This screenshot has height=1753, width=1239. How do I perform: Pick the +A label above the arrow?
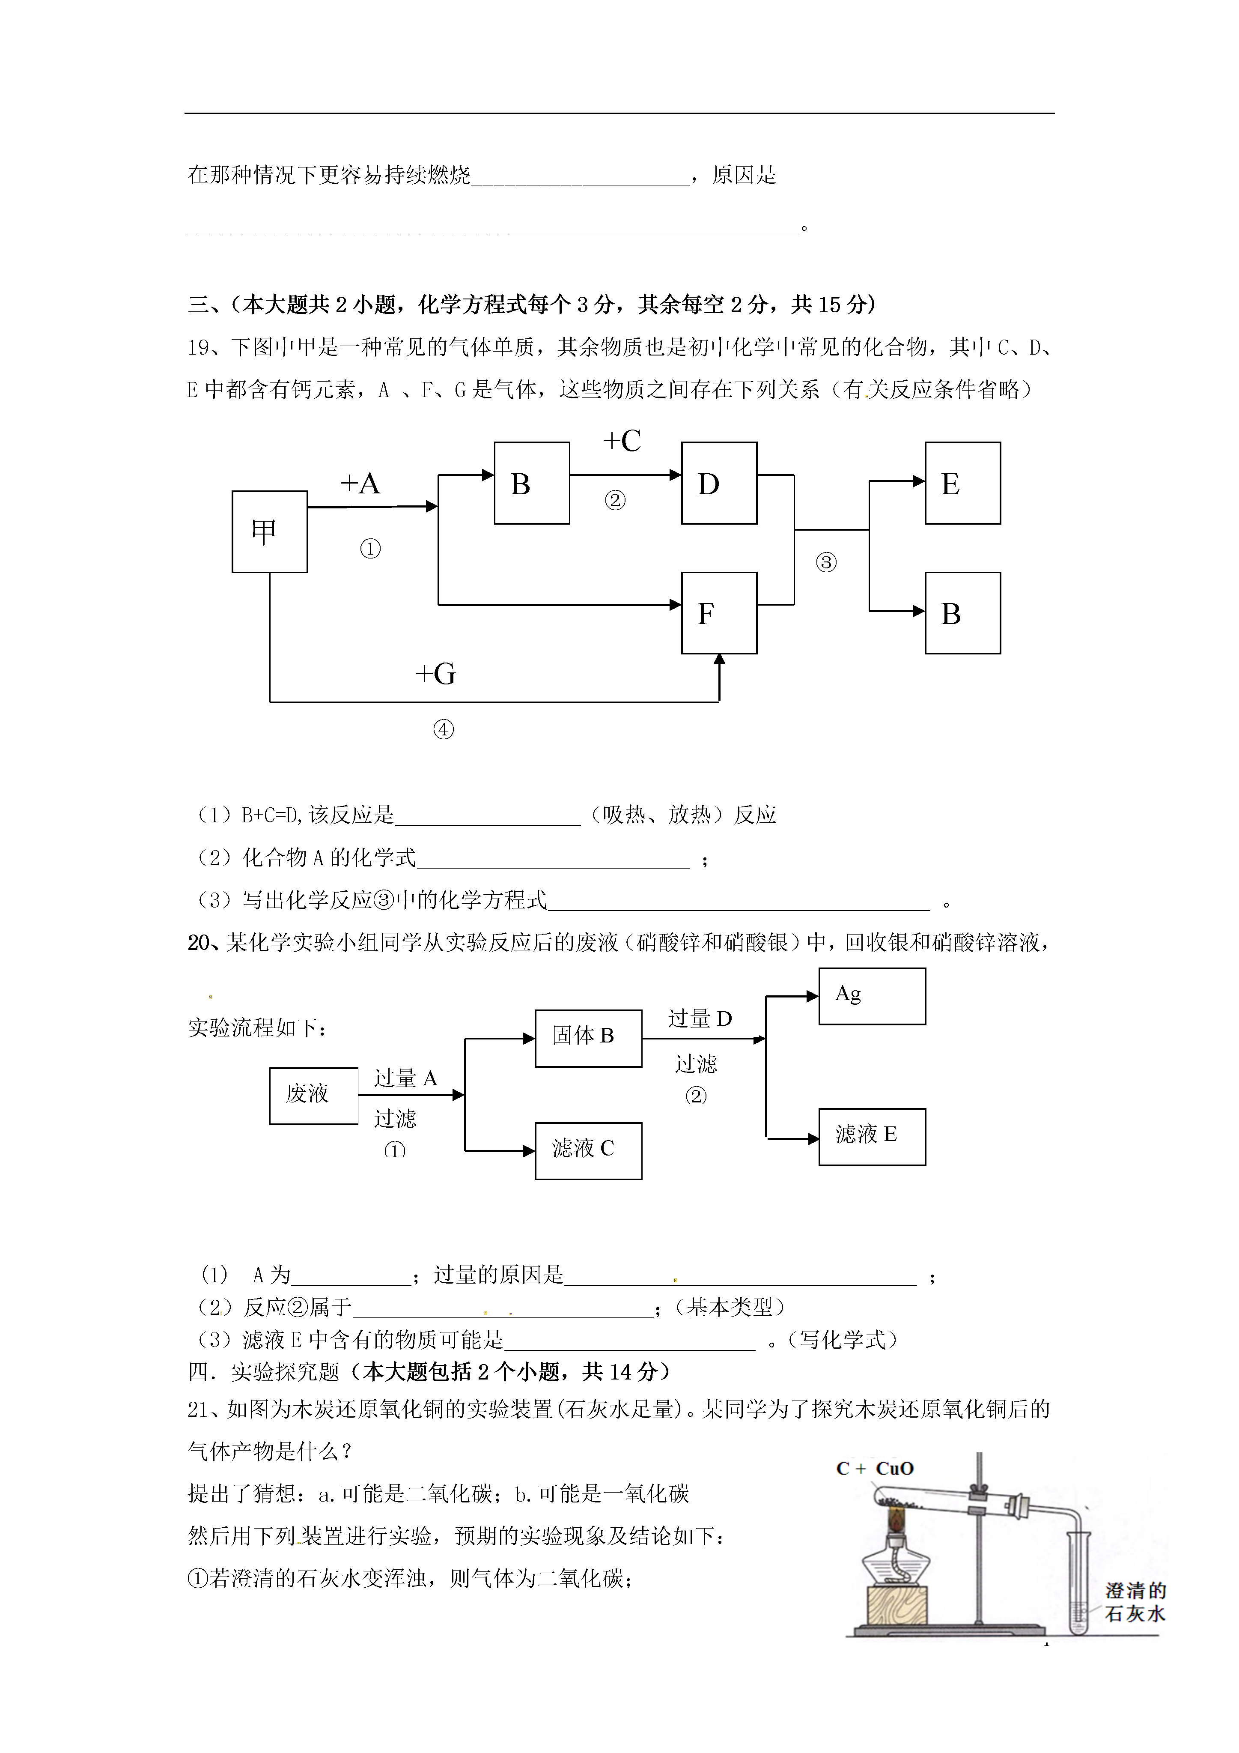[x=360, y=483]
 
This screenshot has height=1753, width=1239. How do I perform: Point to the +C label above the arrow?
[x=622, y=441]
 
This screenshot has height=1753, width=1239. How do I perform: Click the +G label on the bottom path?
[x=435, y=673]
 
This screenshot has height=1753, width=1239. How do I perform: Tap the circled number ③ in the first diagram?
[x=826, y=563]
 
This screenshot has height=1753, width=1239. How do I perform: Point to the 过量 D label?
[x=700, y=1018]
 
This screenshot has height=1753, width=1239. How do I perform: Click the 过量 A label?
[x=405, y=1078]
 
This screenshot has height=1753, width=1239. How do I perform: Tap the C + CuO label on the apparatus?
[x=875, y=1468]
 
